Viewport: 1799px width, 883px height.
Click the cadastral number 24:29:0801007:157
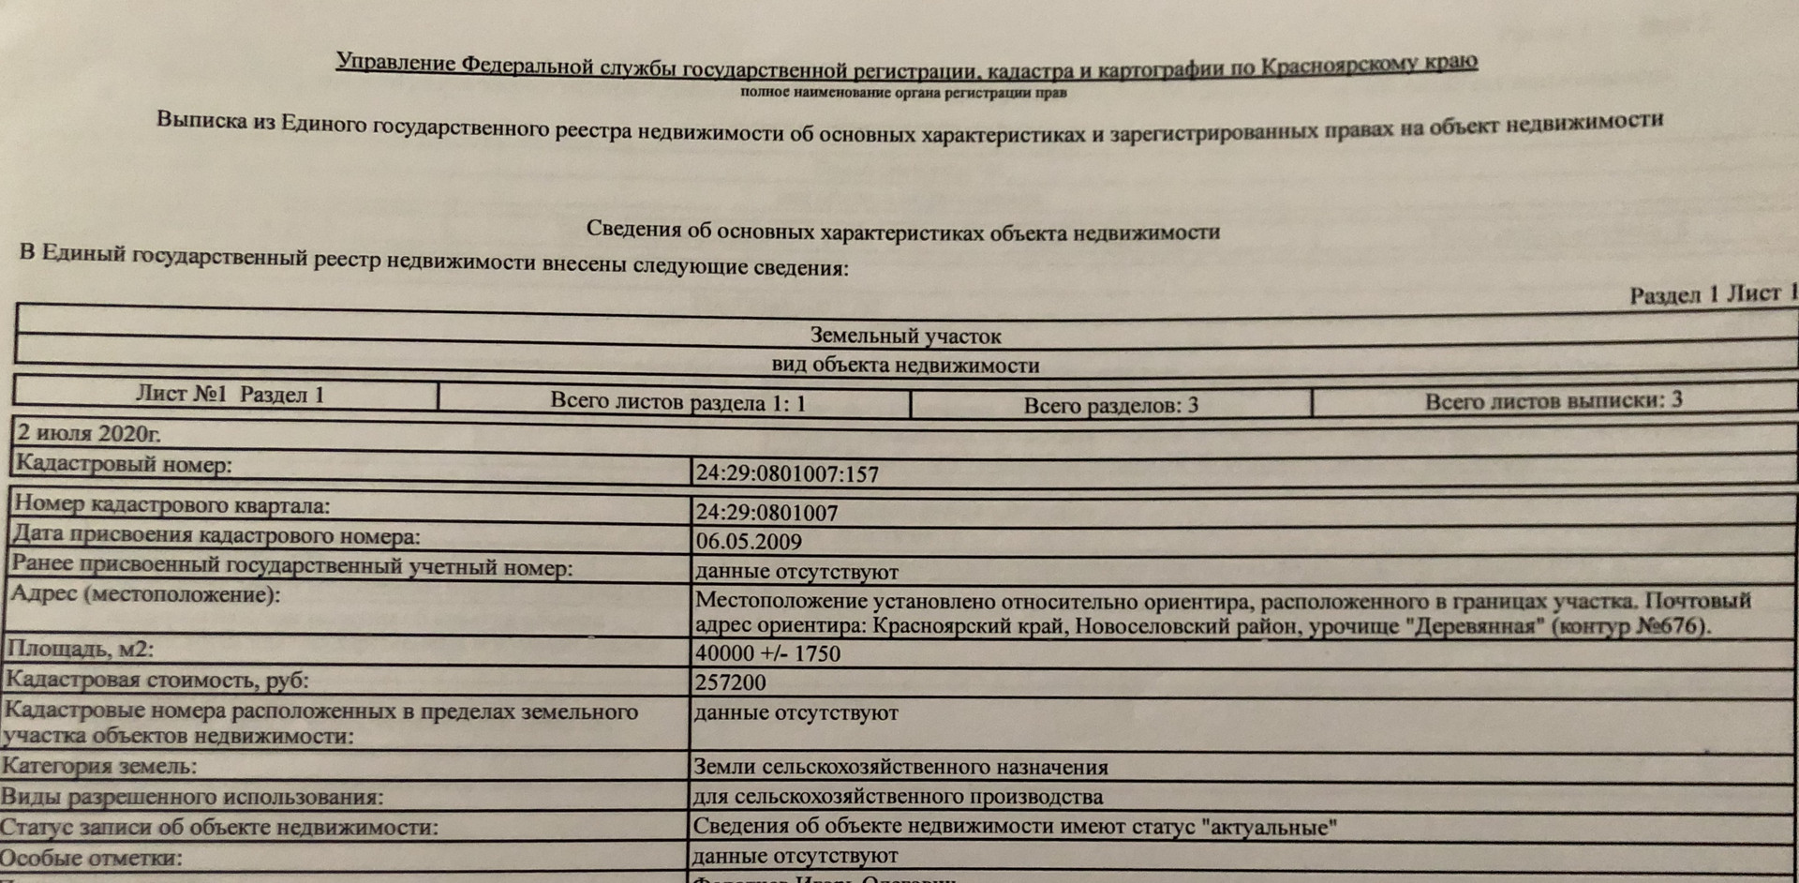(787, 473)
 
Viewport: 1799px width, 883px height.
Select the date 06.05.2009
(749, 542)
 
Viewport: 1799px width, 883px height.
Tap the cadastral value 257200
(730, 682)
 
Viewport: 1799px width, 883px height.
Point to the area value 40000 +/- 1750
(767, 653)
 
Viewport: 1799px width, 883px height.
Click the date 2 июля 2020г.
(89, 434)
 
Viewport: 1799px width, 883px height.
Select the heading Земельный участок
(905, 336)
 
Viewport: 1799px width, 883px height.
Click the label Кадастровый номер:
(124, 464)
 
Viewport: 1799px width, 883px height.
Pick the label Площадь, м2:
(80, 650)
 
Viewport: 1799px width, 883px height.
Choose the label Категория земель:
(98, 767)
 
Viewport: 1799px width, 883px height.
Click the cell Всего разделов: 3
(1110, 406)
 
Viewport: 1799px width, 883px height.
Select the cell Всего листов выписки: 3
(1554, 401)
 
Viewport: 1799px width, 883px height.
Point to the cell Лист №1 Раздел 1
(230, 395)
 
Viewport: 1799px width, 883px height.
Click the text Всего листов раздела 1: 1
(677, 403)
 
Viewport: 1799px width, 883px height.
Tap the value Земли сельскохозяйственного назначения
(900, 768)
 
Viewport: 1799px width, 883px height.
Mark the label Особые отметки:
(91, 859)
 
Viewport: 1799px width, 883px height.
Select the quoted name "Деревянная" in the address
(1473, 625)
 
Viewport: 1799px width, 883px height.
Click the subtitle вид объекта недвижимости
(905, 366)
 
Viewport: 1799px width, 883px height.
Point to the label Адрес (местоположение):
(144, 594)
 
